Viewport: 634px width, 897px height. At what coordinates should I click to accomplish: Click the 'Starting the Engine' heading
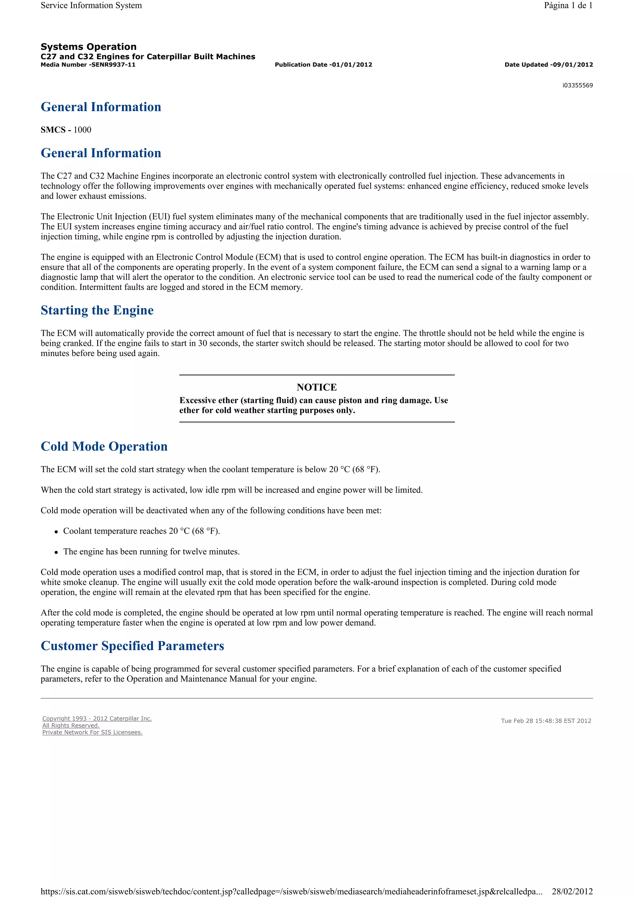tap(97, 310)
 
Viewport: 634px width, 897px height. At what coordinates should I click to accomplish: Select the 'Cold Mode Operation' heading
tap(104, 446)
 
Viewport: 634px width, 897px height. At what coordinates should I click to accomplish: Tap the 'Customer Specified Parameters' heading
tap(132, 646)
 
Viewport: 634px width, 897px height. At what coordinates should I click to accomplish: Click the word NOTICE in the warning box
tap(316, 387)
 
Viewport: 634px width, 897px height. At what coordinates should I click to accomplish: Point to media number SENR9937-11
tap(113, 65)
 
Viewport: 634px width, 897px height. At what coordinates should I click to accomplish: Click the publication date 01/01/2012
tap(351, 65)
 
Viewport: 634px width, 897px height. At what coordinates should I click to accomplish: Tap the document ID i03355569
tap(577, 85)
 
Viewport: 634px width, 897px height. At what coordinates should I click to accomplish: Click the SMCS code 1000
tap(82, 130)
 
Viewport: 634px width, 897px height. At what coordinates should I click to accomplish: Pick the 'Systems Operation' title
tap(88, 47)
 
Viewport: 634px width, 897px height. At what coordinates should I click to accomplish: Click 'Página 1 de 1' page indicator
tap(568, 6)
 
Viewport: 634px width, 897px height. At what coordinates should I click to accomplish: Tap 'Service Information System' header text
tap(91, 6)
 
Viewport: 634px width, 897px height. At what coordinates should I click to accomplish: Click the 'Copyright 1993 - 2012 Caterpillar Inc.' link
tap(97, 718)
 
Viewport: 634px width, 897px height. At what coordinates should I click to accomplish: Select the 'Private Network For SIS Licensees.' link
tap(92, 732)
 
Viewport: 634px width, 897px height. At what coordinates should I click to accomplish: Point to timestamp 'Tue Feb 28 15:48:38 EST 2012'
tap(546, 721)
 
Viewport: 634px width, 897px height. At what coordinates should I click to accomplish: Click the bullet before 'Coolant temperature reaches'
tap(56, 532)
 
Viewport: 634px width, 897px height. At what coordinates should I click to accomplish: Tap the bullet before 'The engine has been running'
tap(56, 552)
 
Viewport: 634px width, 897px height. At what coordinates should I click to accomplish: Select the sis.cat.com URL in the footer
tap(291, 891)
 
